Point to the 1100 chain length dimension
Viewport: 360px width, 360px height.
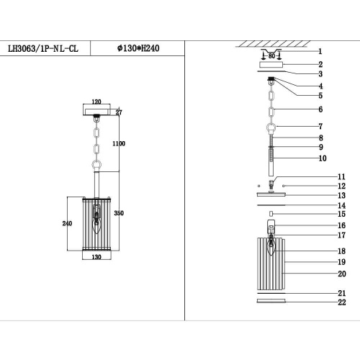tap(119, 144)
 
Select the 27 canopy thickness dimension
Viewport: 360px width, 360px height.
tap(120, 112)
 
